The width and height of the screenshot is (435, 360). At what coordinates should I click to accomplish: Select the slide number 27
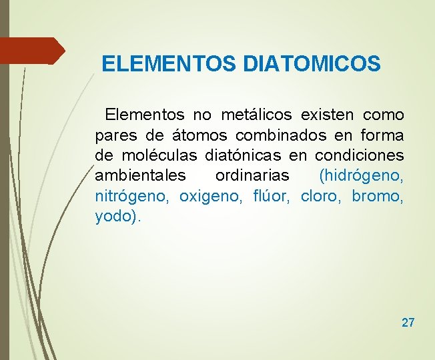(x=408, y=323)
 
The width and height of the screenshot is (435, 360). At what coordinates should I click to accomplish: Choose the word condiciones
(x=359, y=156)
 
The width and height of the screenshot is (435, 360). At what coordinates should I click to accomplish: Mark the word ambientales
(x=139, y=176)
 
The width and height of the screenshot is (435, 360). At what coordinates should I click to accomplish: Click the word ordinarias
(x=252, y=176)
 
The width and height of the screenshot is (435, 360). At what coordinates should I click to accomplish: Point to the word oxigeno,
(x=213, y=197)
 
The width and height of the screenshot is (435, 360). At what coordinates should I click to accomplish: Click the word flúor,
(x=273, y=197)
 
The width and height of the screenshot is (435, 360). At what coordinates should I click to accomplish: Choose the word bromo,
(x=378, y=197)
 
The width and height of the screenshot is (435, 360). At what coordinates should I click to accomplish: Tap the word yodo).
(x=117, y=217)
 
